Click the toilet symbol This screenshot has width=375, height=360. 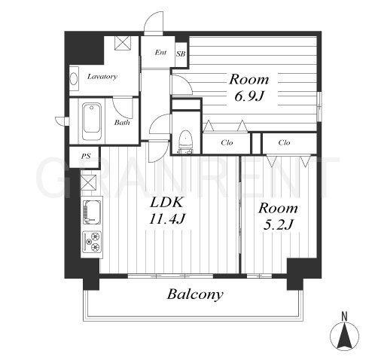pos(185,142)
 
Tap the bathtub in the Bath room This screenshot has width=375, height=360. pos(92,122)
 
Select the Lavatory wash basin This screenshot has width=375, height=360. pos(74,78)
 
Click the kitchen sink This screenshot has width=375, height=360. pos(92,212)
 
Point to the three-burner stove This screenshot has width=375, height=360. pos(92,242)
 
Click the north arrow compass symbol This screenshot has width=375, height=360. pos(344,336)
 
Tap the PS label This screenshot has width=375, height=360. pos(86,156)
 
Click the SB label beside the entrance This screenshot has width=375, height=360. pos(181,53)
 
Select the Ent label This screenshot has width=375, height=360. pos(160,53)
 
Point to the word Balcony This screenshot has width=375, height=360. pos(195,294)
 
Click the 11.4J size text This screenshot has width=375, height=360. pos(167,219)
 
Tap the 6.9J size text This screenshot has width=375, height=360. pos(249,96)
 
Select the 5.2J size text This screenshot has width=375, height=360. pos(278,224)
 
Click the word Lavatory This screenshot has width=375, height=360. pos(102,76)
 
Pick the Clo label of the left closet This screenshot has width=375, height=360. pos(227,142)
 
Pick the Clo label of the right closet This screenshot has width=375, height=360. pos(284,142)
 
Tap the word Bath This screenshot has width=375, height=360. pos(122,123)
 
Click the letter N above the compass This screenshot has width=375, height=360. pos(345,316)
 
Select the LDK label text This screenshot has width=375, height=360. pos(166,203)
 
